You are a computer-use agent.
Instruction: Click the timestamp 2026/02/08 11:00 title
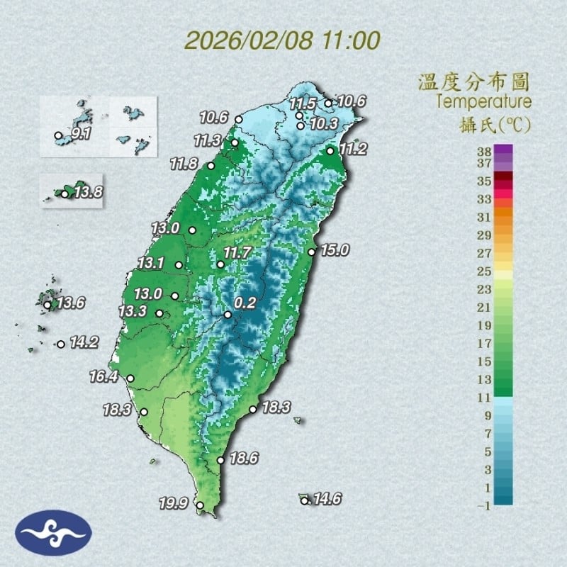[x=282, y=40]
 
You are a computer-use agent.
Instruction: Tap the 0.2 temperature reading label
[x=245, y=303]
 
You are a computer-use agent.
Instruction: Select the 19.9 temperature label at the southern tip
[x=173, y=504]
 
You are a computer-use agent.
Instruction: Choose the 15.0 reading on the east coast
[x=335, y=249]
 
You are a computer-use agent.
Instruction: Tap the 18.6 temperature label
[x=243, y=459]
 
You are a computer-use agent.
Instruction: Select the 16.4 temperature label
[x=103, y=376]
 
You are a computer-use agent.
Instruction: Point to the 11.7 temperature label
[x=238, y=253]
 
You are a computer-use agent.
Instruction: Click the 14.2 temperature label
[x=84, y=342]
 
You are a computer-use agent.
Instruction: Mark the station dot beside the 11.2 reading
[x=331, y=151]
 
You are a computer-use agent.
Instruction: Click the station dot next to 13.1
[x=179, y=265]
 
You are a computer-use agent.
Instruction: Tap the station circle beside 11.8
[x=210, y=166]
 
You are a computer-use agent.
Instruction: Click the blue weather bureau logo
[x=54, y=533]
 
